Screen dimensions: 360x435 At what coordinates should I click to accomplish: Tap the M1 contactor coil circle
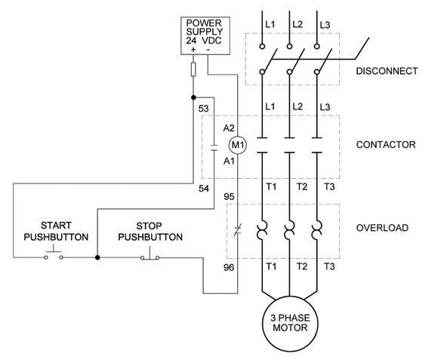238,143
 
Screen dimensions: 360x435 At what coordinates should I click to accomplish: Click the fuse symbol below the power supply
194,70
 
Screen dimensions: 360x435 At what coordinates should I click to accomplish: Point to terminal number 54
203,188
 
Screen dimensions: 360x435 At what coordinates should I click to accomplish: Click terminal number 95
229,196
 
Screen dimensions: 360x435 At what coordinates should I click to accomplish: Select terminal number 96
229,267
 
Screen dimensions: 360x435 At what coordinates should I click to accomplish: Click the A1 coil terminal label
230,161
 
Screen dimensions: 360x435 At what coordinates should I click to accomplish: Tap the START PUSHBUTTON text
56,231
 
